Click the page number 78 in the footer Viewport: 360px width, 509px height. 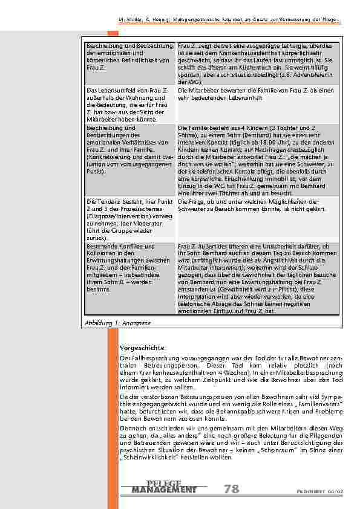tap(231, 489)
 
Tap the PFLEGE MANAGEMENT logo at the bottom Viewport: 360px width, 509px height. tap(164, 487)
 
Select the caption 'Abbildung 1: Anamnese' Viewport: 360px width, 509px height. tap(116, 323)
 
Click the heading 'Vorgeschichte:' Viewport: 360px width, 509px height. tap(139, 348)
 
